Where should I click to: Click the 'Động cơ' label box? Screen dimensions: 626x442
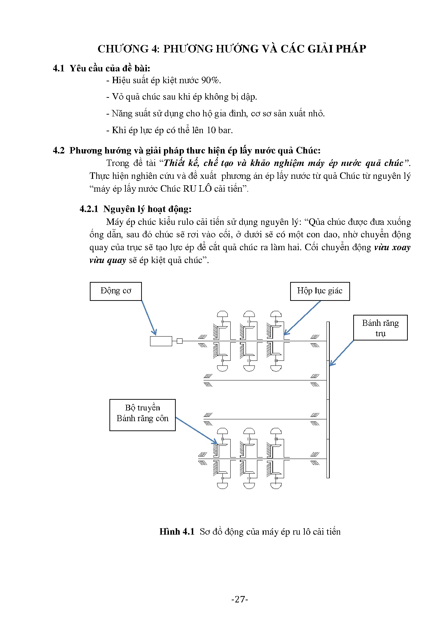(115, 291)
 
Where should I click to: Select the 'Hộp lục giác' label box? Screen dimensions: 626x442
(320, 291)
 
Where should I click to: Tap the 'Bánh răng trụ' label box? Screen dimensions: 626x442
(380, 328)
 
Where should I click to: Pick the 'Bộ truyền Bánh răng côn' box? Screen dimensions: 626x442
(142, 415)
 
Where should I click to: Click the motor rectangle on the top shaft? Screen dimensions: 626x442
(161, 341)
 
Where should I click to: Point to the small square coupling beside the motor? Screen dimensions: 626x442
(180, 341)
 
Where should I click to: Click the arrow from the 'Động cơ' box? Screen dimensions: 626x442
(149, 318)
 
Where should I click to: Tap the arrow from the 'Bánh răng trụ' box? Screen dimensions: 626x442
(341, 353)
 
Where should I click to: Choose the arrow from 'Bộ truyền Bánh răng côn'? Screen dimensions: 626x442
(196, 431)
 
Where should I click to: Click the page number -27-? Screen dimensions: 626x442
(239, 599)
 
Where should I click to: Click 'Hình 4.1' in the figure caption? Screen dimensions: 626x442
(177, 532)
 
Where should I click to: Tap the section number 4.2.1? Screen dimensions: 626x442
(89, 209)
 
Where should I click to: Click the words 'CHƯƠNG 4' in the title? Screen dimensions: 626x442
(128, 49)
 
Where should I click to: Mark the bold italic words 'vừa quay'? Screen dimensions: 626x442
(108, 260)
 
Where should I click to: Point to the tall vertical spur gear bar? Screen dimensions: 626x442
(328, 400)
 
